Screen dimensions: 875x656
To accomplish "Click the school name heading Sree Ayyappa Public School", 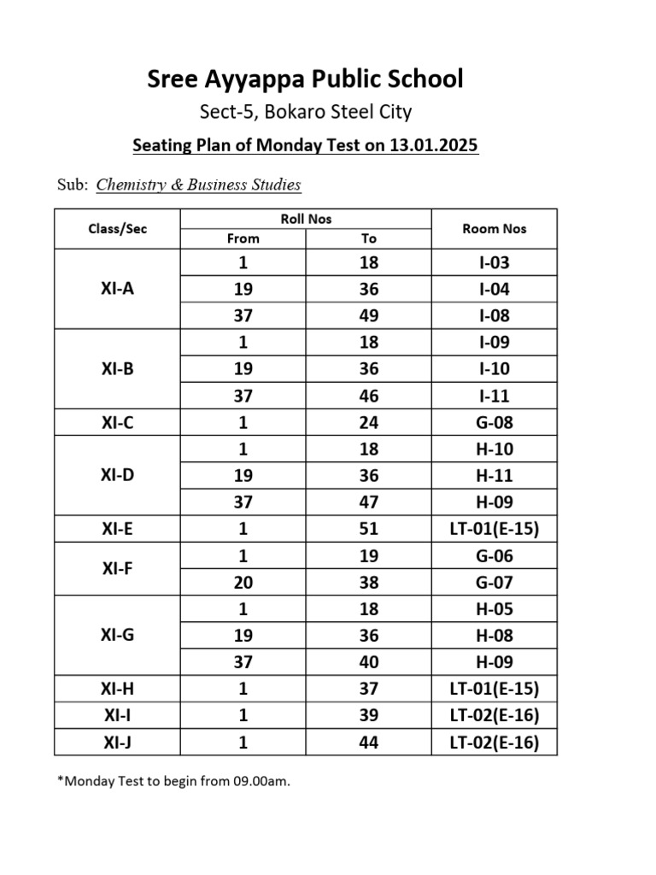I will click(306, 79).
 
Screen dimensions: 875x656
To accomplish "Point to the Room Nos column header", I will click(494, 228).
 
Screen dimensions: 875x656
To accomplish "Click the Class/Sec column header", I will click(117, 229).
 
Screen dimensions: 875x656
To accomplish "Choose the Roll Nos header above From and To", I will click(306, 219).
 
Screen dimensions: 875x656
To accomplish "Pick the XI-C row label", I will click(117, 422).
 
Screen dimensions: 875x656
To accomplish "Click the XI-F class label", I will click(117, 568).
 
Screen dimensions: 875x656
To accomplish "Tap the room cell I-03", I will click(494, 262).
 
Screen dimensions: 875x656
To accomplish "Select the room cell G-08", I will click(494, 422).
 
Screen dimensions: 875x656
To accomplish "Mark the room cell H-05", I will click(494, 609).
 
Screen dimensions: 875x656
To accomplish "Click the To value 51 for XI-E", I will click(368, 529).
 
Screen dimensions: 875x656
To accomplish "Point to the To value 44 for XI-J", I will click(368, 743).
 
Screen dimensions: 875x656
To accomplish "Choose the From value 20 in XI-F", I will click(243, 583).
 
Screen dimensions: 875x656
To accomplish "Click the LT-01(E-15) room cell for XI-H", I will click(494, 689).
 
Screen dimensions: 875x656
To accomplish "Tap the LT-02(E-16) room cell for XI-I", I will click(494, 716).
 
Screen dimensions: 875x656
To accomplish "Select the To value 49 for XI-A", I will click(368, 315).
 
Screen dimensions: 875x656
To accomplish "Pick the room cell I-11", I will click(494, 396).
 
